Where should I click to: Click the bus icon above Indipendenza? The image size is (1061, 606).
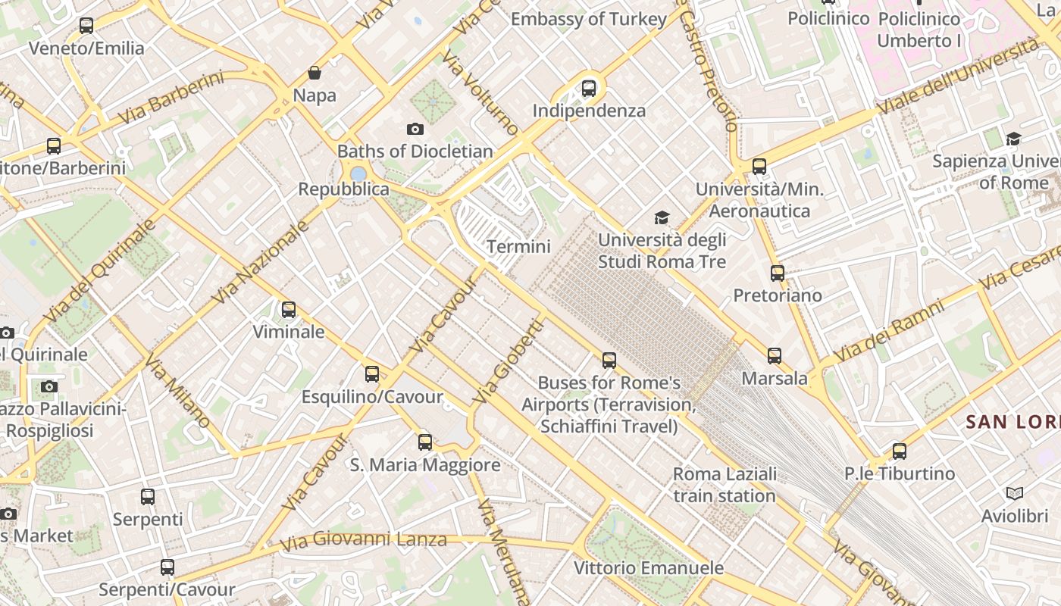(589, 89)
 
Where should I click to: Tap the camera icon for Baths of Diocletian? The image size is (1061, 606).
(415, 129)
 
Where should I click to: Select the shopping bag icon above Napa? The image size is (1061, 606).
(315, 73)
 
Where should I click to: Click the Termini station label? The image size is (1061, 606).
(518, 246)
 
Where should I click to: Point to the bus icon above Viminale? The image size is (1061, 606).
(289, 309)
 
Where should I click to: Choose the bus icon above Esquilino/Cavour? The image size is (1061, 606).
(372, 373)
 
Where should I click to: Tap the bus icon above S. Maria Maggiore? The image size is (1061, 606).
(425, 442)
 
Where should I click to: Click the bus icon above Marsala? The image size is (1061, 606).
(775, 355)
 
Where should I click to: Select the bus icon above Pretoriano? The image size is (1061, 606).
(778, 273)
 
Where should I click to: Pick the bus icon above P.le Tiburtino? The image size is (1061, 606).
(900, 451)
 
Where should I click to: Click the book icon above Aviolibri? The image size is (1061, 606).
(1015, 494)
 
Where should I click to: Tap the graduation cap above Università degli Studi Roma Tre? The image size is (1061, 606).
(662, 218)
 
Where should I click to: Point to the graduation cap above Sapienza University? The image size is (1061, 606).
(1013, 139)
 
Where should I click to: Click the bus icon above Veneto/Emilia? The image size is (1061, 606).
(86, 25)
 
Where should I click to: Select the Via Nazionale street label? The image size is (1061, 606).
(261, 261)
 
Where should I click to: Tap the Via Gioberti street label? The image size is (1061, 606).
(509, 361)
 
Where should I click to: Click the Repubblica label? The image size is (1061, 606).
(343, 189)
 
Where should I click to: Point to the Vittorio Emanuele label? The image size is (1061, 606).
(648, 567)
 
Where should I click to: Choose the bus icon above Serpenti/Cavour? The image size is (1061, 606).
(167, 567)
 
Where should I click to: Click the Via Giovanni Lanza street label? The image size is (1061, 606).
(364, 541)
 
